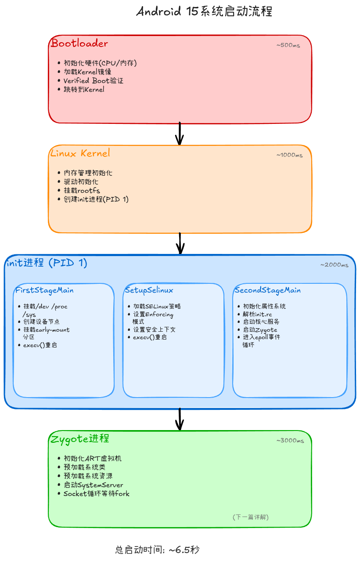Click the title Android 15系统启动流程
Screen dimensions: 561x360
[204, 11]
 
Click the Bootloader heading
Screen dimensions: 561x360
[79, 43]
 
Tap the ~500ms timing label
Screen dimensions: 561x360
[288, 45]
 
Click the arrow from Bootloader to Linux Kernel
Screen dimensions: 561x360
[180, 134]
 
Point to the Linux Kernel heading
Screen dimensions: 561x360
[80, 153]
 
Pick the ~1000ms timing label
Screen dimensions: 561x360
[289, 155]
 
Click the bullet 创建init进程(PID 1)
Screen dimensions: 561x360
[96, 199]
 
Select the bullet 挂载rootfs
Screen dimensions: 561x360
[82, 191]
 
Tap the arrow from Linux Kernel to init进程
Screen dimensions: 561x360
[180, 243]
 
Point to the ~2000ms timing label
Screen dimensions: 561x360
[334, 265]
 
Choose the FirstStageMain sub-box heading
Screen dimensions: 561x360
[44, 290]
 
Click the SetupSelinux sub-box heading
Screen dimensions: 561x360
[149, 290]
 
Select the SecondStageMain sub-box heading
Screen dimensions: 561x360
[267, 290]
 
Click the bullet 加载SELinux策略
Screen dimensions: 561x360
[157, 307]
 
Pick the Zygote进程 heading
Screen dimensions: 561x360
[80, 438]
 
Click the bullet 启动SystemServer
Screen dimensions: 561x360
[93, 485]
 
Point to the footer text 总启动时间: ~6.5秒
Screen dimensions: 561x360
[157, 550]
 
